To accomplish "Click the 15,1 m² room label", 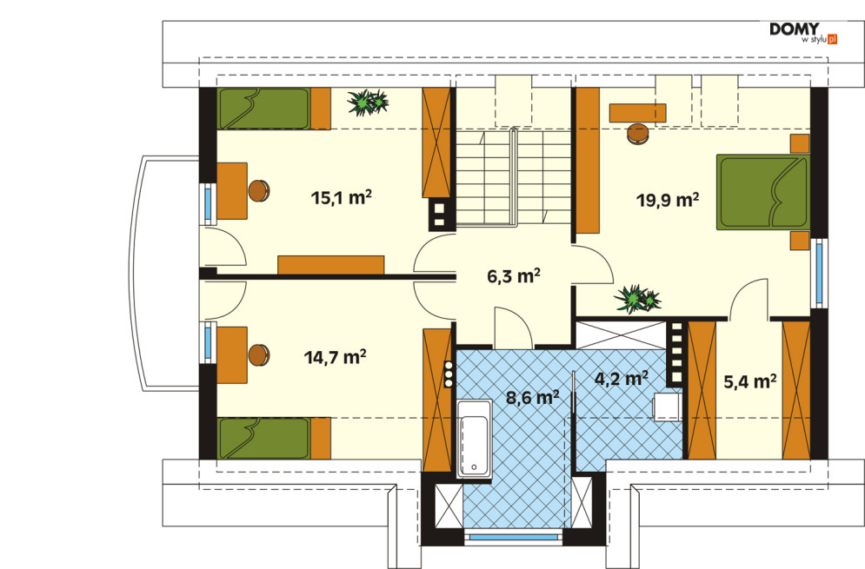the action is tap(341, 197).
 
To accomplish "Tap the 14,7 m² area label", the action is tap(335, 357).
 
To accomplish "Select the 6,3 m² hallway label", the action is tap(513, 275).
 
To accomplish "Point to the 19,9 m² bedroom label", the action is tap(668, 200).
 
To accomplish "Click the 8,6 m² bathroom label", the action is tap(532, 397).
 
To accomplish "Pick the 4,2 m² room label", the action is tap(622, 379).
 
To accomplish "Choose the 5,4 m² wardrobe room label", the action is tap(750, 381).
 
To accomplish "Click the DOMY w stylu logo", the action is tap(803, 33).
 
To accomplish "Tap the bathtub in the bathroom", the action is tap(474, 438).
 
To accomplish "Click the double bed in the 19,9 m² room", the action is tap(763, 192).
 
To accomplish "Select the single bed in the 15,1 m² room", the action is tap(274, 109).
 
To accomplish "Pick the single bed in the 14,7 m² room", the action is tap(274, 439).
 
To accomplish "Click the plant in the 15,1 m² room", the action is tap(368, 102).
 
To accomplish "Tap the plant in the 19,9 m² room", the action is tap(637, 299).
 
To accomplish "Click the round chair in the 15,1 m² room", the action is tap(259, 191).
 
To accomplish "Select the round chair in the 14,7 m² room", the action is tap(259, 355).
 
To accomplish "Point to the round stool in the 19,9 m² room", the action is tap(638, 134).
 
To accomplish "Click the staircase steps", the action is tap(513, 177).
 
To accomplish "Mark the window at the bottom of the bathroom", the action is tap(513, 537).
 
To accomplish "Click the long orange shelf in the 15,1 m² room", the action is tap(331, 265).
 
